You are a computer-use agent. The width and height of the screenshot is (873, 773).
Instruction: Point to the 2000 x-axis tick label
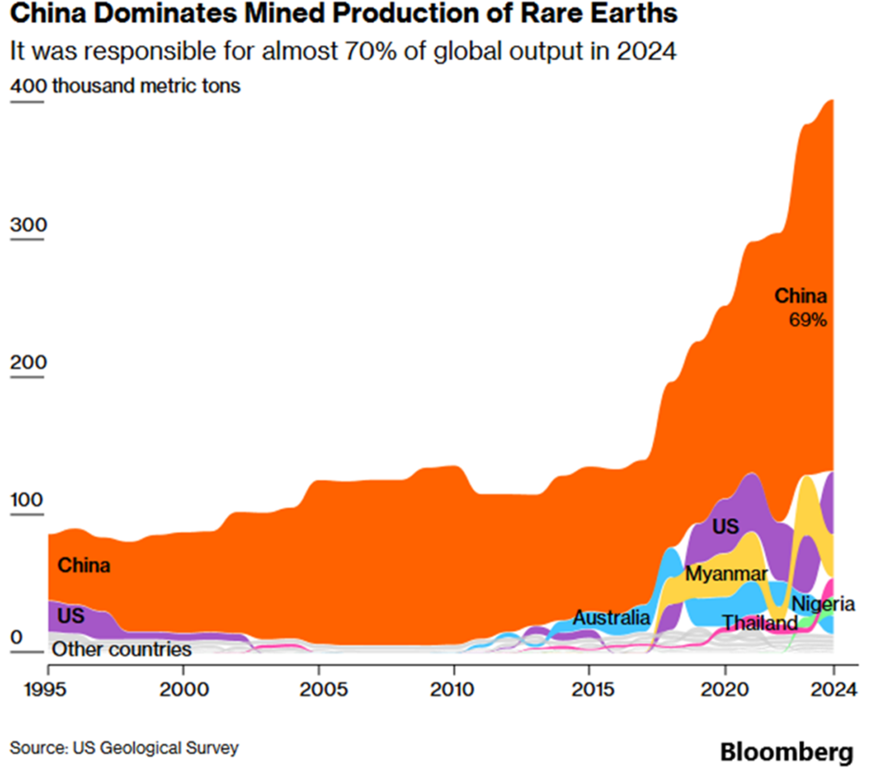click(183, 688)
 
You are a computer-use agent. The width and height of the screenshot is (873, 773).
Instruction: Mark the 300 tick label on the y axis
click(27, 226)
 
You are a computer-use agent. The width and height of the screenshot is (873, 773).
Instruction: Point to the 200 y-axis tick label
click(27, 362)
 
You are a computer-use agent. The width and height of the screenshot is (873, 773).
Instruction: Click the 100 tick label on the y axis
click(27, 500)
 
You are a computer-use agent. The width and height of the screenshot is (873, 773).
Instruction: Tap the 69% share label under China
click(807, 320)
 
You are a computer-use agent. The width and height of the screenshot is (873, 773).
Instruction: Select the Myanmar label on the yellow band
click(726, 574)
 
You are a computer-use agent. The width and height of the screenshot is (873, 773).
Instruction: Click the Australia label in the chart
click(611, 617)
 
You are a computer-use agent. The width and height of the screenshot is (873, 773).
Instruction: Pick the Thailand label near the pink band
click(759, 623)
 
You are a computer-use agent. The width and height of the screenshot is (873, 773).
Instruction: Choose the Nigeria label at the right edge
click(823, 604)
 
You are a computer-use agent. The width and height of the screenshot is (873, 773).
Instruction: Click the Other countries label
click(121, 649)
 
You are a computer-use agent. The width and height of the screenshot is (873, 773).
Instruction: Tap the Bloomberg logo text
click(787, 752)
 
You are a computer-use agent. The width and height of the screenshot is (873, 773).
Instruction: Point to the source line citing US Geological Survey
click(125, 747)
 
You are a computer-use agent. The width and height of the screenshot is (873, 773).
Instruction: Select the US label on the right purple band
click(725, 526)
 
